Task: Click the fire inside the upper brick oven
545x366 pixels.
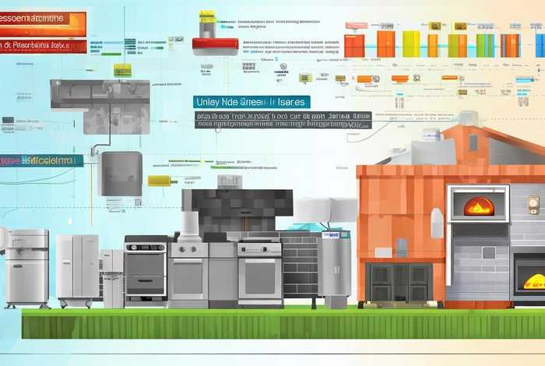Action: pyautogui.click(x=478, y=206)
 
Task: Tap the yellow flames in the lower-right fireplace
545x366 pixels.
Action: pyautogui.click(x=534, y=281)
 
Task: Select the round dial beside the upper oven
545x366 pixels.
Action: pyautogui.click(x=533, y=205)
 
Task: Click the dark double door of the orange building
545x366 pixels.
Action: pyautogui.click(x=399, y=281)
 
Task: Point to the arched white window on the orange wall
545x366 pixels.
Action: pyautogui.click(x=438, y=222)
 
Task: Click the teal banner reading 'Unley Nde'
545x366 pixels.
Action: pyautogui.click(x=251, y=102)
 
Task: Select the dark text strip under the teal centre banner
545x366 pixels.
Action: pyautogui.click(x=283, y=119)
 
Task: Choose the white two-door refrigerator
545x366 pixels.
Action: pyautogui.click(x=77, y=269)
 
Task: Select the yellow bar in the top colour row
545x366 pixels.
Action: pyautogui.click(x=411, y=44)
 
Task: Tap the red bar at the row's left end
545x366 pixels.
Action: pyautogui.click(x=354, y=45)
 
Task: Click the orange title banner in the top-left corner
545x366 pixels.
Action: pyautogui.click(x=43, y=23)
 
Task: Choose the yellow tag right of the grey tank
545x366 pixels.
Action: pyautogui.click(x=158, y=180)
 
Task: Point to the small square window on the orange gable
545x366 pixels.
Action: pyautogui.click(x=473, y=143)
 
